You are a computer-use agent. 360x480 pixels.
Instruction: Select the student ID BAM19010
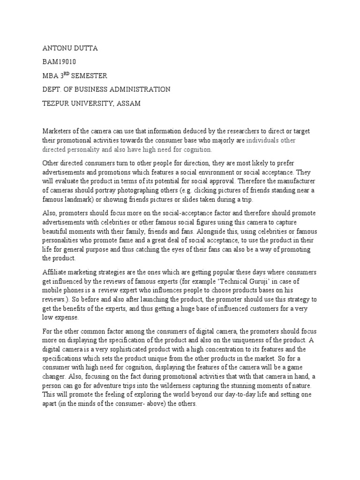coord(60,61)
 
